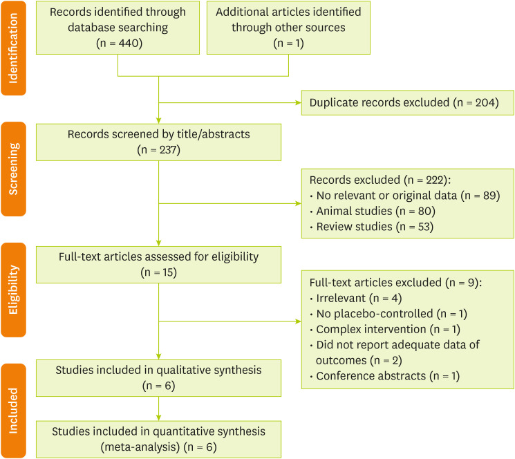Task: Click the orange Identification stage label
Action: (14, 48)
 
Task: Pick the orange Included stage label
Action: (14, 410)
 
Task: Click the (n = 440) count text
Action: (118, 42)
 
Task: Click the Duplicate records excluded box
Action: (408, 102)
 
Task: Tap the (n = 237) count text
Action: (158, 149)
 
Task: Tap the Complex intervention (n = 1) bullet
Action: (387, 329)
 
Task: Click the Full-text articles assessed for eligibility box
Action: (158, 264)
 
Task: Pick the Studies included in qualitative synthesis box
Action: (158, 377)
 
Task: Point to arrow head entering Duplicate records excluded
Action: (298, 102)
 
